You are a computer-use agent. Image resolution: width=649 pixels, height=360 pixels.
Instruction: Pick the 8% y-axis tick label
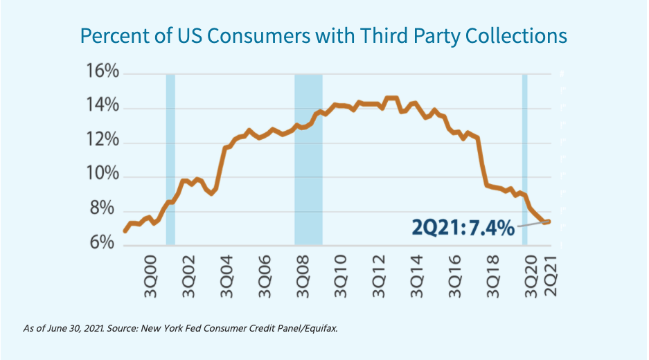click(x=106, y=210)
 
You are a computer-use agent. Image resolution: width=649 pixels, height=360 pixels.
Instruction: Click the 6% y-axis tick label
click(x=106, y=244)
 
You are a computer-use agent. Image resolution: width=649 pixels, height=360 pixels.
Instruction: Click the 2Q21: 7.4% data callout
click(x=463, y=226)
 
